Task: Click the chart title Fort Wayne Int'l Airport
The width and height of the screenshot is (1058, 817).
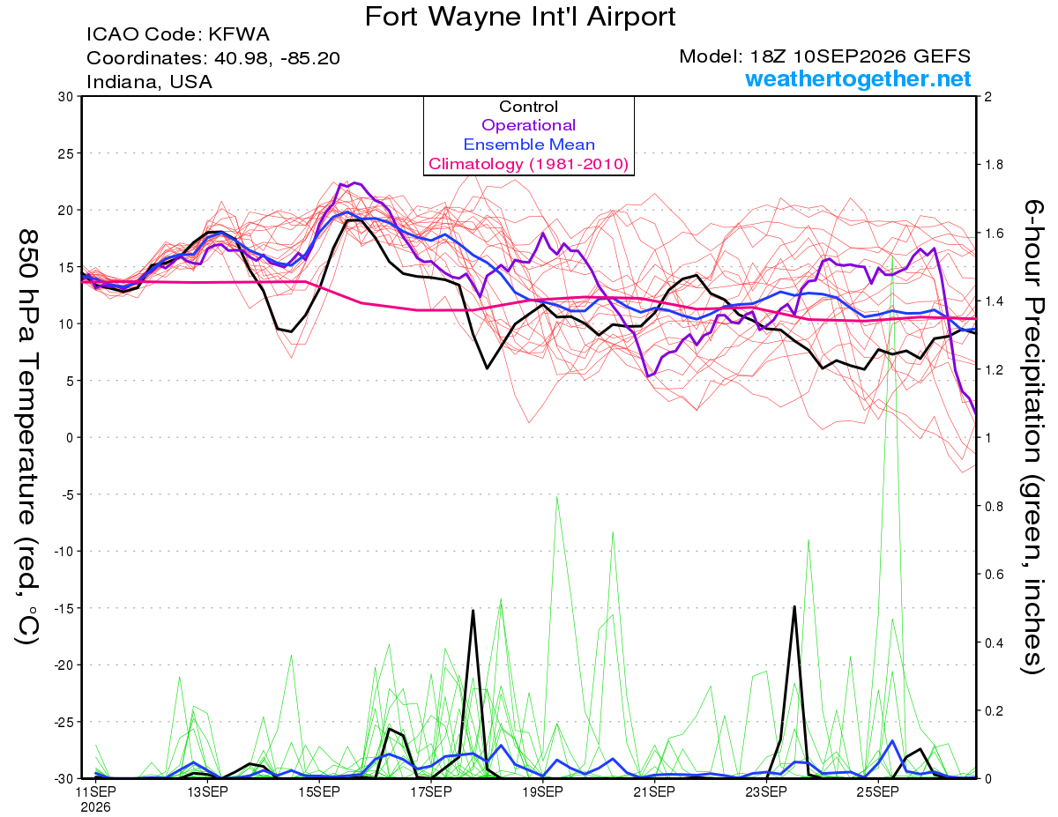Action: pos(520,17)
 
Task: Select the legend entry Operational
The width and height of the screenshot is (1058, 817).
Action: pos(528,125)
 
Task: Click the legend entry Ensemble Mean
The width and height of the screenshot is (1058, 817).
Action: pos(529,145)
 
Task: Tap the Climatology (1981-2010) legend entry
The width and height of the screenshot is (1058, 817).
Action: pos(528,164)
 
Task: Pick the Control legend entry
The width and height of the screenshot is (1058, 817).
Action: pos(528,107)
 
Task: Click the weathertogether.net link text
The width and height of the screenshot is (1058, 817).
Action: pos(858,78)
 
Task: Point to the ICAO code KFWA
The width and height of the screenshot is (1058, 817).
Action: pos(239,34)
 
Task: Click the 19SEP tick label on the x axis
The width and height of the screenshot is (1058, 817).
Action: pos(542,792)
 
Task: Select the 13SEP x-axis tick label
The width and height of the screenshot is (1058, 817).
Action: pos(207,792)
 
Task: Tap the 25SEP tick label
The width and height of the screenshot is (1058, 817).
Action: pos(877,792)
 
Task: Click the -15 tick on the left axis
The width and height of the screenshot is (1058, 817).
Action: pos(63,608)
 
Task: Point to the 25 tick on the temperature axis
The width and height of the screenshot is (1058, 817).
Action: pos(66,153)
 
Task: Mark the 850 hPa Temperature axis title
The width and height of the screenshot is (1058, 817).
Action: pos(27,436)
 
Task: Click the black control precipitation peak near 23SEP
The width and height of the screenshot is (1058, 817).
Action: pos(794,606)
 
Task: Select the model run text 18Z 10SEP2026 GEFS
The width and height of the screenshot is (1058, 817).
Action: pos(861,56)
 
